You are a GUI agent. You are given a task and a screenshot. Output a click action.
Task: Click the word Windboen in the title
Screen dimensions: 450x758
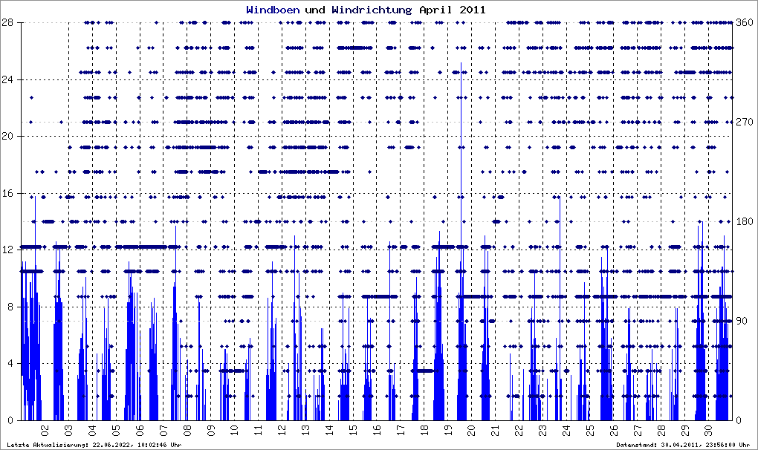pos(273,10)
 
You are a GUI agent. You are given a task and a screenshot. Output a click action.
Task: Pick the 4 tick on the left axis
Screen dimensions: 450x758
pos(10,363)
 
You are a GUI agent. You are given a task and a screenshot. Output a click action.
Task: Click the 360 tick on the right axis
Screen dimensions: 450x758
pos(744,22)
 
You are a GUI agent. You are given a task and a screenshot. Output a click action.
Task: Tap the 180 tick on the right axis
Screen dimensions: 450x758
pos(744,221)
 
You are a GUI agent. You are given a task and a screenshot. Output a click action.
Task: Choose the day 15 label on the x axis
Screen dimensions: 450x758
pos(353,429)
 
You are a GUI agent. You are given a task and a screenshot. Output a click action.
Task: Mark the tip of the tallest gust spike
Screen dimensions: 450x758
pos(461,63)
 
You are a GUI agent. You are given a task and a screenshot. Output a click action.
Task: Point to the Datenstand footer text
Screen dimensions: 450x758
pos(681,444)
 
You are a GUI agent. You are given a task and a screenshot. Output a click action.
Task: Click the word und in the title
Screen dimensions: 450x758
pos(314,10)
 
